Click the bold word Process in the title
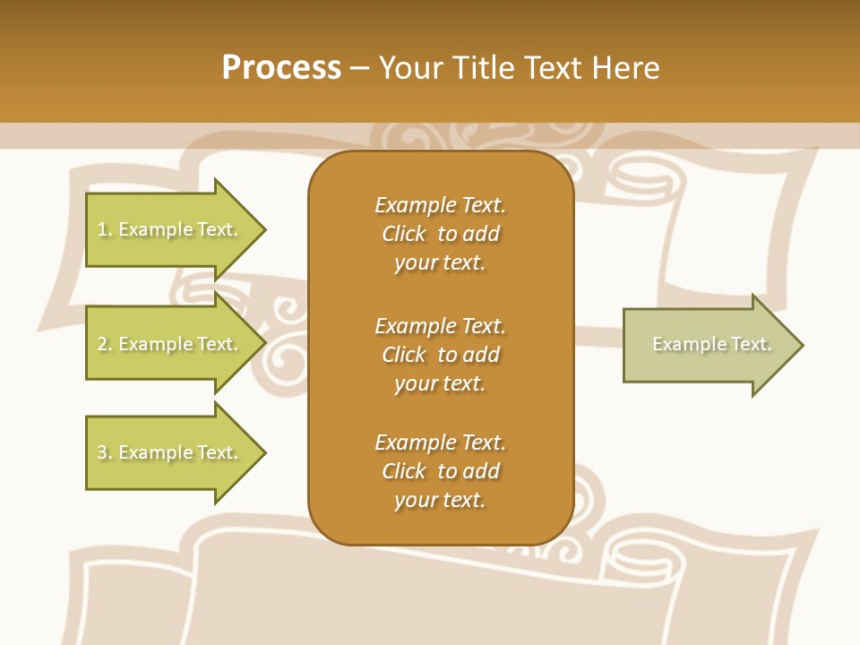pos(281,68)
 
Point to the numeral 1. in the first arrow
pos(105,229)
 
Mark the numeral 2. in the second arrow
pos(105,344)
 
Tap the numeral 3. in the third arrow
pos(105,452)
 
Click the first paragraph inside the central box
pos(440,234)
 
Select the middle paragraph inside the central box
pos(440,355)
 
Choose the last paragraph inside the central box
pos(440,471)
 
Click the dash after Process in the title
pos(360,69)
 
